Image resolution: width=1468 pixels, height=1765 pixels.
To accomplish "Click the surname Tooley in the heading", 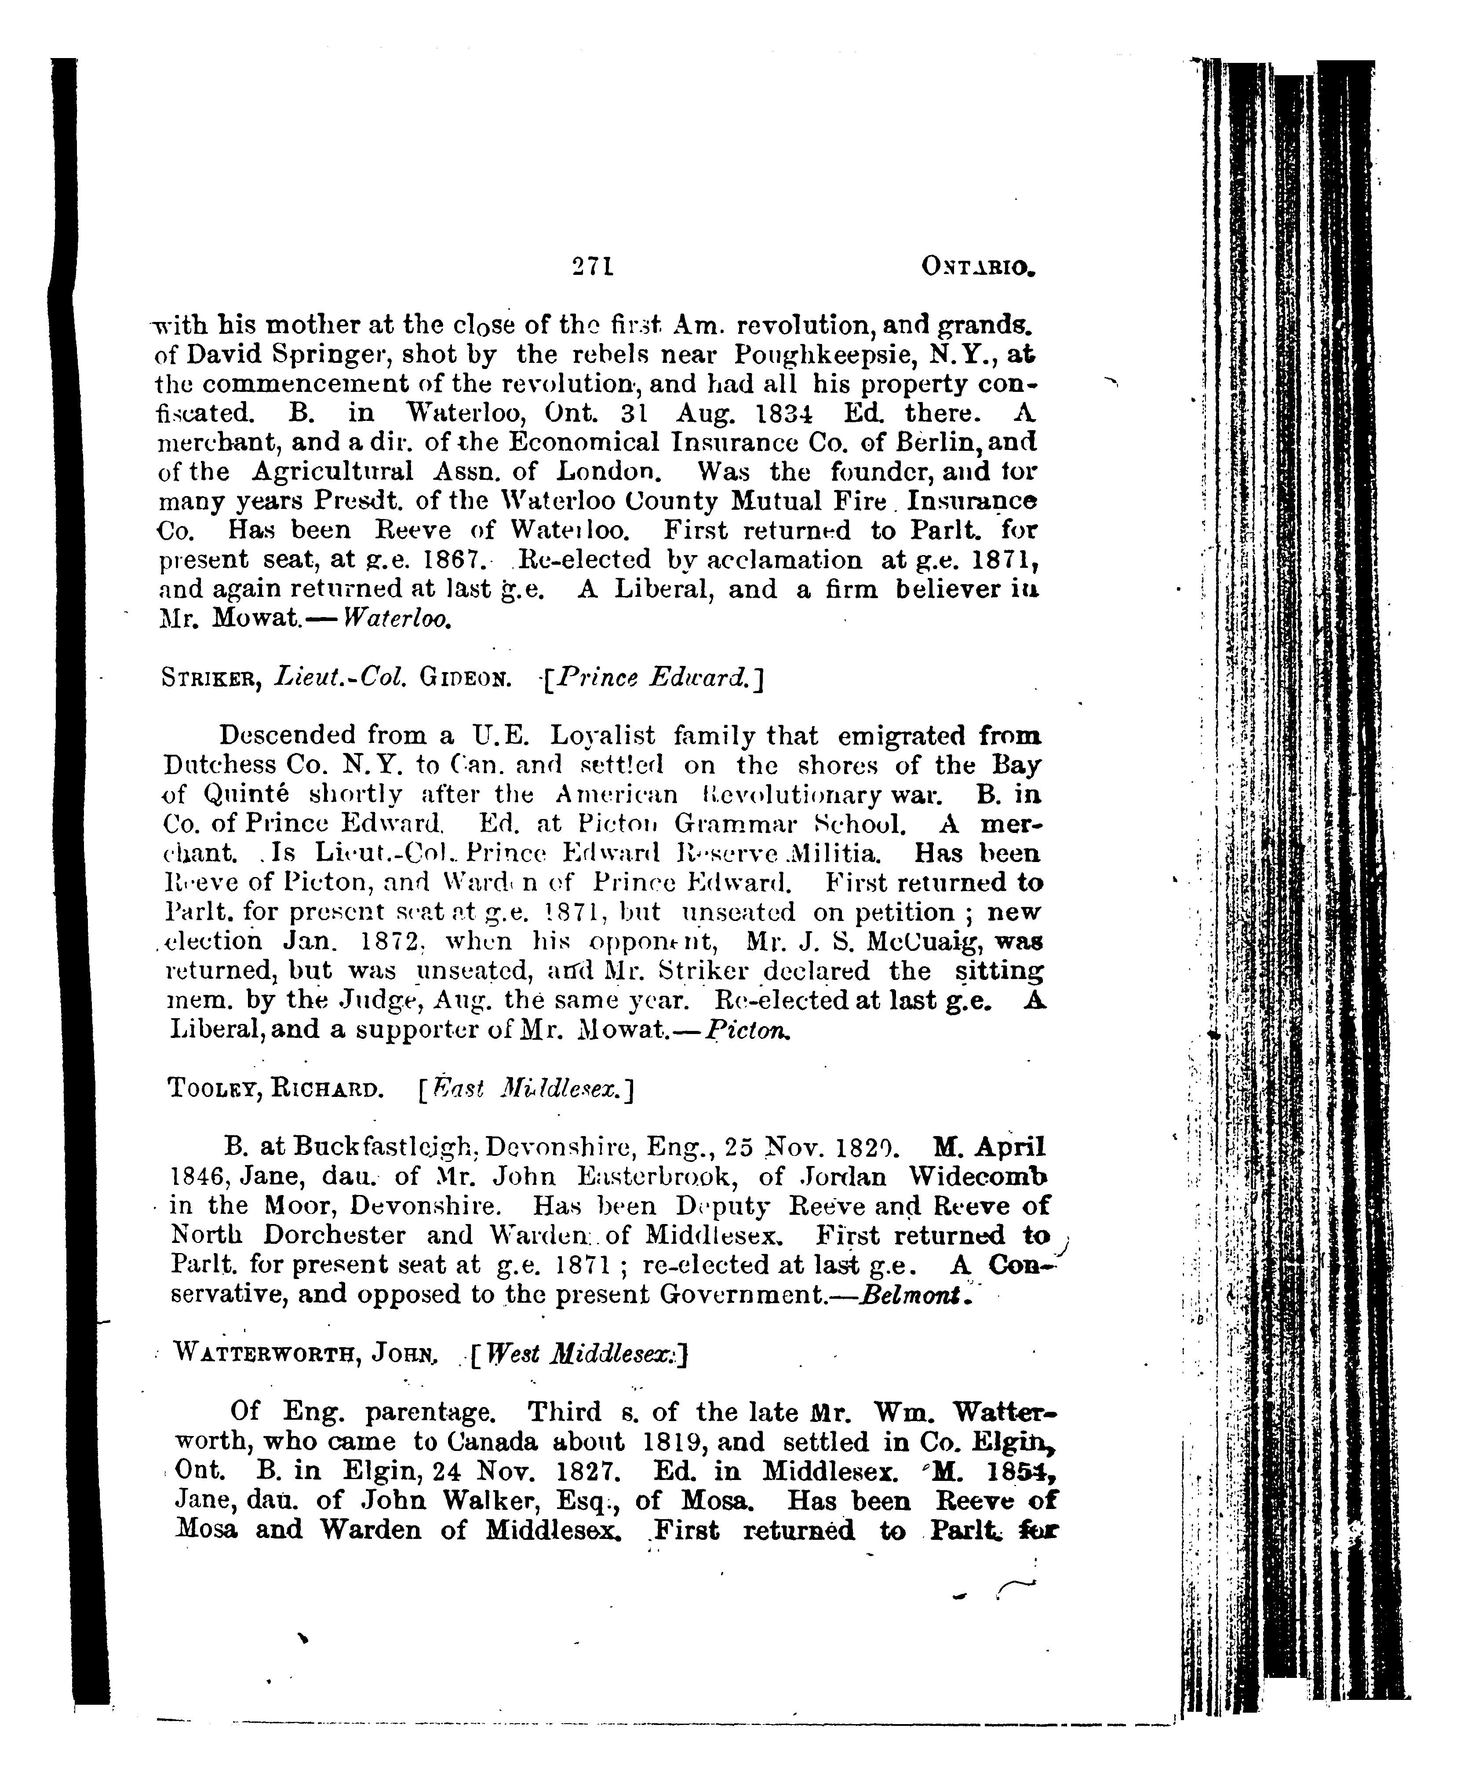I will pos(212,1090).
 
